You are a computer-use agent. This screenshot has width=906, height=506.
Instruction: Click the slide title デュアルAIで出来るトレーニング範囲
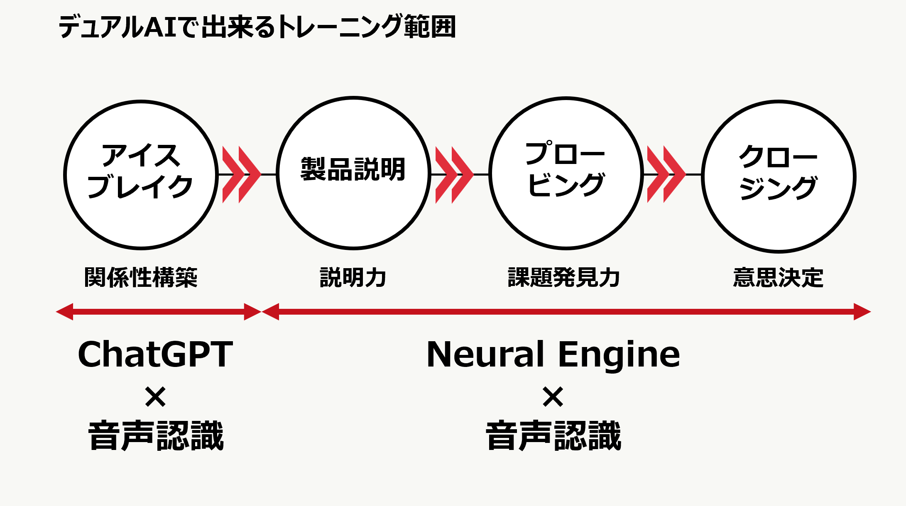click(x=257, y=27)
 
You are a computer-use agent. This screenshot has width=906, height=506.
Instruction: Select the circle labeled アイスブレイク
click(x=141, y=175)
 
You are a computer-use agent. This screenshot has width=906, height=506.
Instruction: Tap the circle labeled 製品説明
click(x=353, y=173)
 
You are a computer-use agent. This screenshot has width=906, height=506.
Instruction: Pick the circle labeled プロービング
click(x=566, y=173)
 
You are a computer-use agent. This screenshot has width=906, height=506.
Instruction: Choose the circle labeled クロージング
click(x=779, y=176)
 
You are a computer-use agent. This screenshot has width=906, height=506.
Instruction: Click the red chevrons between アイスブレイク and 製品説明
click(x=241, y=175)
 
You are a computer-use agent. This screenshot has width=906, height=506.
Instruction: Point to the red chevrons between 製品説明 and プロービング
click(x=454, y=175)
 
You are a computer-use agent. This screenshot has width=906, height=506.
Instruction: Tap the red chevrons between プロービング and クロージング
click(x=666, y=175)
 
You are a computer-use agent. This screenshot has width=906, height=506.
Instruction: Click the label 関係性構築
click(x=141, y=277)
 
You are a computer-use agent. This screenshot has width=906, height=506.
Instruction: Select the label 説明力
click(x=353, y=277)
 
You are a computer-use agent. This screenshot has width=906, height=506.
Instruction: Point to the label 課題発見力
click(x=564, y=277)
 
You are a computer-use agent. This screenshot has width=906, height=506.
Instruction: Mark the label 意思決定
click(x=778, y=277)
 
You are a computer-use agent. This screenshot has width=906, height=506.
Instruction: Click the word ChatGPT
click(x=155, y=354)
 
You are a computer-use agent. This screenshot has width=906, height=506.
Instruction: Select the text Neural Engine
click(x=553, y=354)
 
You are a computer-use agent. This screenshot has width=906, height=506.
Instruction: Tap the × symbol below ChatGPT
click(x=155, y=396)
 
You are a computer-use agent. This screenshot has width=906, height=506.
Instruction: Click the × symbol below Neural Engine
click(x=553, y=396)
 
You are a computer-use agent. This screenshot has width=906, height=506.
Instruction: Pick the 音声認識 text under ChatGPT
click(x=156, y=436)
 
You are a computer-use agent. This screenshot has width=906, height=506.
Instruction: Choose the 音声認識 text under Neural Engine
click(x=553, y=436)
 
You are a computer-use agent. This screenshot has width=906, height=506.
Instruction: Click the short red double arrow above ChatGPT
click(x=158, y=312)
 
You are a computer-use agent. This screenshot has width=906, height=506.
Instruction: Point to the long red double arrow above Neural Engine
click(x=566, y=312)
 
